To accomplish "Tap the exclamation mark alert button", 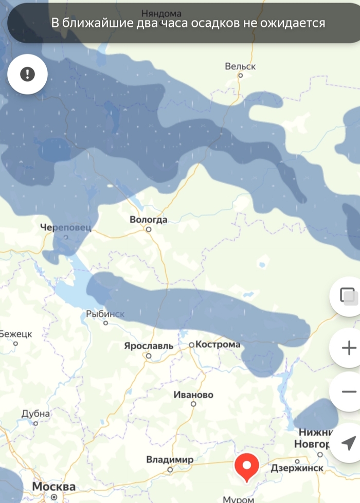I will pyautogui.click(x=27, y=74).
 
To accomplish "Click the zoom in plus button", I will pyautogui.click(x=348, y=348).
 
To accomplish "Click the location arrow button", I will pyautogui.click(x=348, y=442).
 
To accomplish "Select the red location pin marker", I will pyautogui.click(x=246, y=467).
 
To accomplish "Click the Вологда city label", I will pyautogui.click(x=148, y=220).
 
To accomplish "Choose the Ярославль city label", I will pyautogui.click(x=149, y=346).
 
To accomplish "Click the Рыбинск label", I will pyautogui.click(x=105, y=314).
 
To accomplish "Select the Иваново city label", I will pyautogui.click(x=193, y=395).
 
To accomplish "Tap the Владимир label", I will pyautogui.click(x=170, y=459).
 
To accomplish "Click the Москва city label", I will pyautogui.click(x=53, y=486).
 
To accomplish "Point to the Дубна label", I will pyautogui.click(x=35, y=414).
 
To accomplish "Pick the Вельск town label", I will pyautogui.click(x=240, y=66).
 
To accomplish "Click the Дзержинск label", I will pyautogui.click(x=297, y=468).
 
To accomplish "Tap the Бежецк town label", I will pyautogui.click(x=15, y=334).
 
